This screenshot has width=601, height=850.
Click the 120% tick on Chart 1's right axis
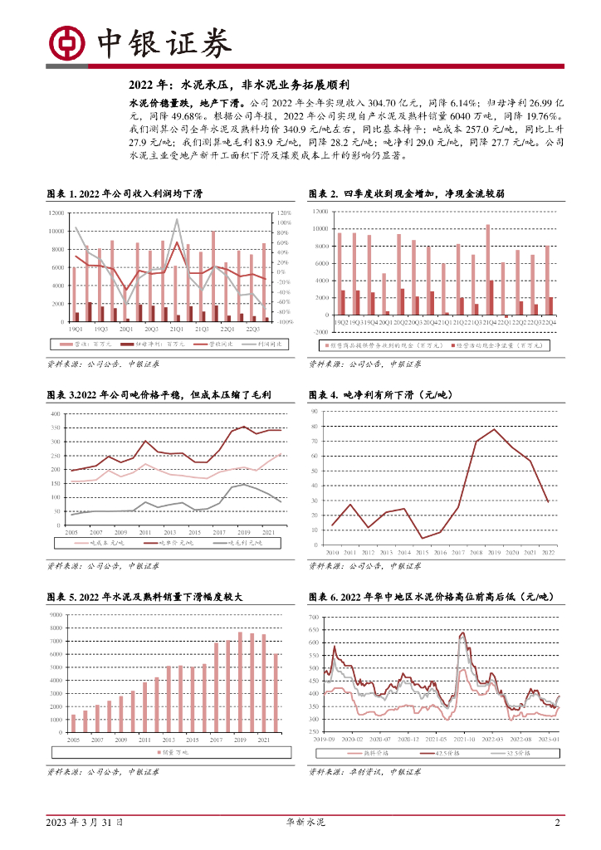pos(284,212)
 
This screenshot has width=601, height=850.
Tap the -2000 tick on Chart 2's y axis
pos(319,331)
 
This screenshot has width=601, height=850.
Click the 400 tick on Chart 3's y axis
pos(55,413)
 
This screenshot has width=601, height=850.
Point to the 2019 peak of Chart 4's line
pos(495,429)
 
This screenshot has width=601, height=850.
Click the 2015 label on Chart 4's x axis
pos(423,551)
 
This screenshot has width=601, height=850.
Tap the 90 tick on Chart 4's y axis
pos(314,412)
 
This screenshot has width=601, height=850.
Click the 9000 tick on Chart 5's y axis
pos(56,614)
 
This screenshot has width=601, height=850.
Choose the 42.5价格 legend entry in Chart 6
pos(439,753)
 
